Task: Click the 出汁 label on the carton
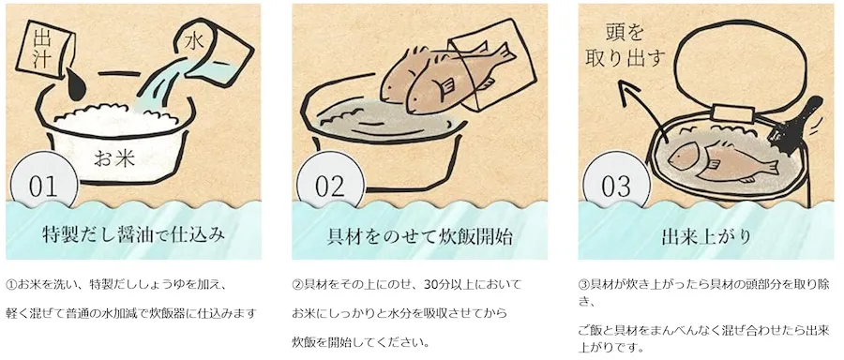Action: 42,49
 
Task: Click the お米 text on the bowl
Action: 114,157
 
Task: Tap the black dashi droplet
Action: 76,85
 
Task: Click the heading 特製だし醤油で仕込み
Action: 133,235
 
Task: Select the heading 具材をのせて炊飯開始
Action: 420,235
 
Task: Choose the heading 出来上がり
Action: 706,236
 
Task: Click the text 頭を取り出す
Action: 625,46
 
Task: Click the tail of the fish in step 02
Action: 505,53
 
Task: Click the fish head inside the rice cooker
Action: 682,156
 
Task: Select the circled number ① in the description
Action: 12,284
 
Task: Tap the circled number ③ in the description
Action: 584,284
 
